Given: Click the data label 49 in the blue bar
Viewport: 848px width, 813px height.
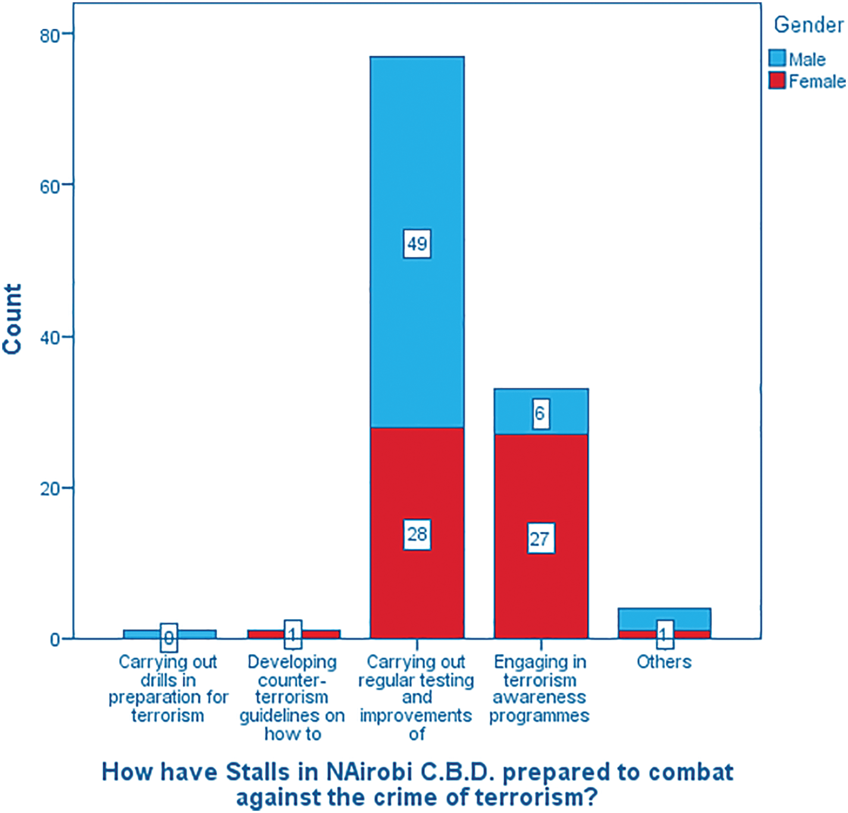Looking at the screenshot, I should tap(417, 243).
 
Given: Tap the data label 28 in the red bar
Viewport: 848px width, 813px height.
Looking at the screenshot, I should tap(417, 534).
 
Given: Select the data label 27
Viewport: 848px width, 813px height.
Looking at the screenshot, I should tap(540, 539).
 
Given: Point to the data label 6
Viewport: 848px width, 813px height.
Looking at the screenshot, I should tap(540, 413).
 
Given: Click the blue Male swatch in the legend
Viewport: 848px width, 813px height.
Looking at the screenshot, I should tap(777, 58).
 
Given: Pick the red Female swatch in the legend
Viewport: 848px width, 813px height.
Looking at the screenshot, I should tap(777, 80).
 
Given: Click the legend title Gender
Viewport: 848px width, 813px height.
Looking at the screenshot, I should tap(808, 25).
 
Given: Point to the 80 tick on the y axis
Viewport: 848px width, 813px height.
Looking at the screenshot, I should tap(51, 35).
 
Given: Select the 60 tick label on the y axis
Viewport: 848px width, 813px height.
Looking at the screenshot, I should tap(51, 186).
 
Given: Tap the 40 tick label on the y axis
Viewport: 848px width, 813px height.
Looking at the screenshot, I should tap(51, 337).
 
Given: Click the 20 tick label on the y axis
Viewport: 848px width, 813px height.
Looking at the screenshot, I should tap(51, 489).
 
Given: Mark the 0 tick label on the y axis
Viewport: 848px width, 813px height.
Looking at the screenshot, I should tap(55, 640).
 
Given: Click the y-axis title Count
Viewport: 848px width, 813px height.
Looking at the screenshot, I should tap(12, 319).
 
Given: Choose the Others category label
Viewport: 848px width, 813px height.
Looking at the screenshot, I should tap(664, 662).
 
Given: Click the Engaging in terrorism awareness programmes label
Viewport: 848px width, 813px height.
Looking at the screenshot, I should tap(540, 689).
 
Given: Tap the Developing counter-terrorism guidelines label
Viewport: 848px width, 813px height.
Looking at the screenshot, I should tap(292, 697).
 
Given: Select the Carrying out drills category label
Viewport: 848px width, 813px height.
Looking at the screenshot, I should tap(168, 689).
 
